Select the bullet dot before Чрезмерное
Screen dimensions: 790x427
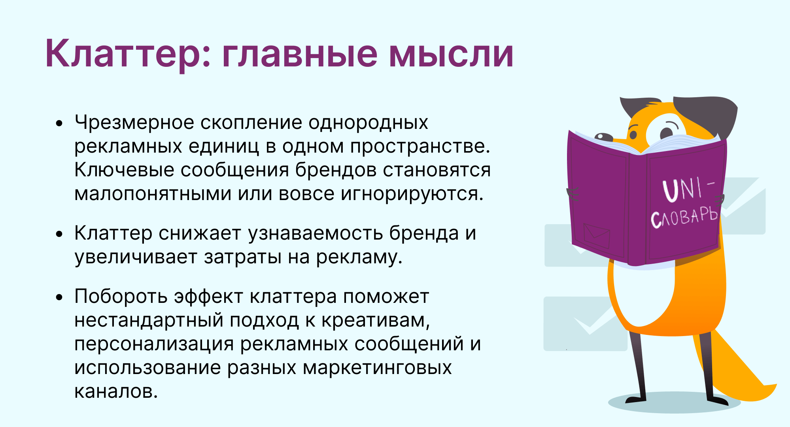[59, 123]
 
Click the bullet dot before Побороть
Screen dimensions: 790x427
[59, 297]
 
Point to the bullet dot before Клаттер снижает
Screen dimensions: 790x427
[59, 234]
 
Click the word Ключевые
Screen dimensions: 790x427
[124, 170]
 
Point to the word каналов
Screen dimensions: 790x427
[116, 391]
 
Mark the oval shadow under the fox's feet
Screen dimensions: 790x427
[675, 402]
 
